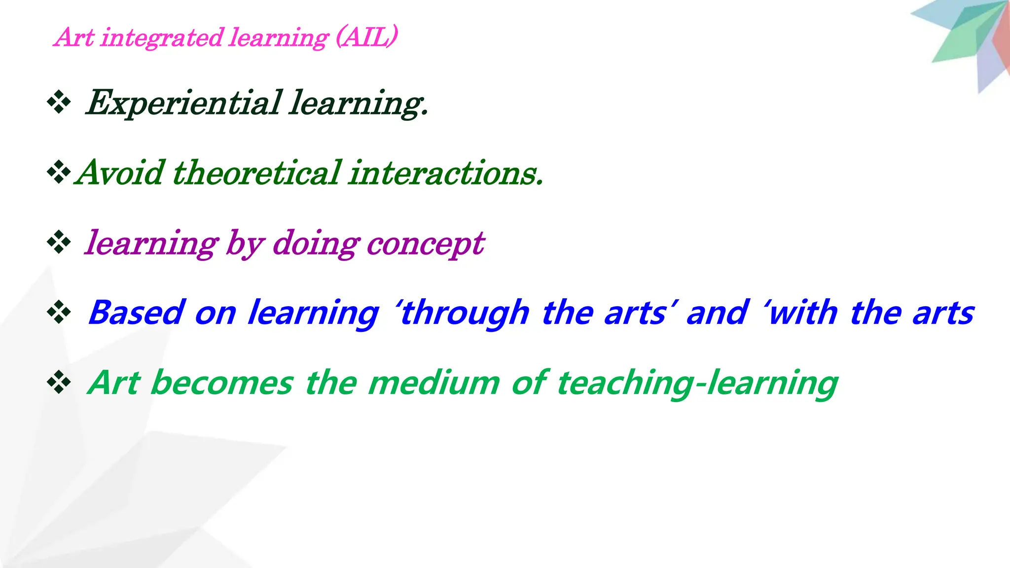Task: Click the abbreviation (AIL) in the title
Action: tap(366, 37)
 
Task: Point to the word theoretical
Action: tap(257, 173)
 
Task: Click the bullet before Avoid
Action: tap(59, 173)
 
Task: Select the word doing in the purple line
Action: tap(316, 243)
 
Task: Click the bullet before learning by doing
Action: tap(59, 243)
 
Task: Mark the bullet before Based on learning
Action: tap(59, 313)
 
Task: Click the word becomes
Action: tap(222, 383)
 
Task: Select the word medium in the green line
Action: tap(434, 383)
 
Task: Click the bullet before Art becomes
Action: tap(59, 383)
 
